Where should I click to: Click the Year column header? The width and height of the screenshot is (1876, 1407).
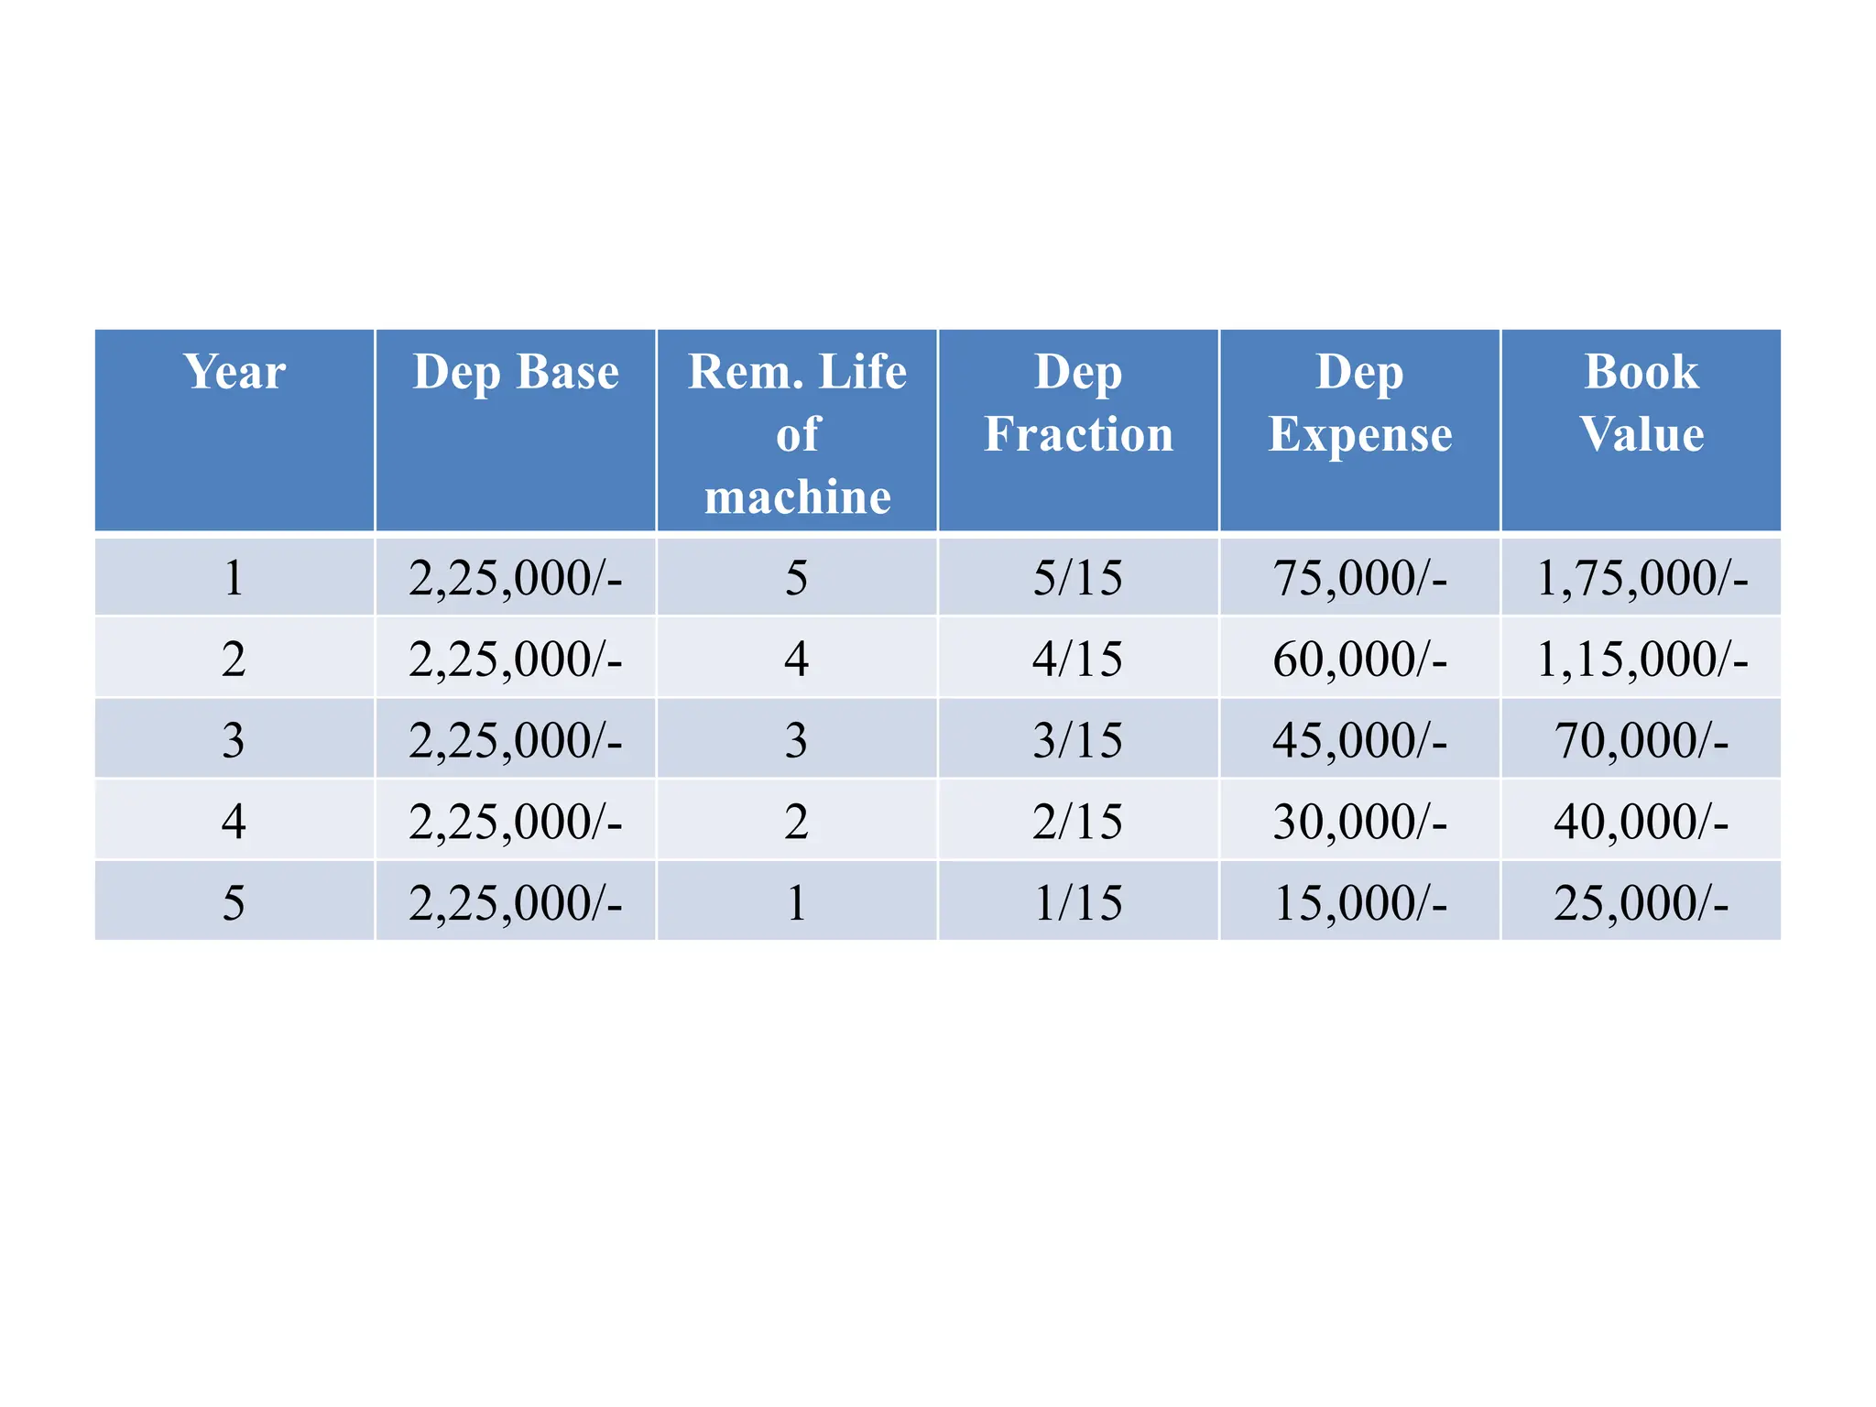[234, 372]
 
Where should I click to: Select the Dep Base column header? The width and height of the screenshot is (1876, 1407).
[516, 372]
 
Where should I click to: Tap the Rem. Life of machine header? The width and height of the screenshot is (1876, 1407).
[797, 433]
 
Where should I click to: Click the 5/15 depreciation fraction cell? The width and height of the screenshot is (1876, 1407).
[1078, 578]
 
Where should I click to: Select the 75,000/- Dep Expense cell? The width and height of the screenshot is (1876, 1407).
[1359, 578]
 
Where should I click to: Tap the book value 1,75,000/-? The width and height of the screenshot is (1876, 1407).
[1641, 578]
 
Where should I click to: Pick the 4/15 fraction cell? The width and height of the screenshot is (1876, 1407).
[1078, 659]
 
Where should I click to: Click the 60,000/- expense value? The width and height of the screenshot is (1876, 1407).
[1359, 659]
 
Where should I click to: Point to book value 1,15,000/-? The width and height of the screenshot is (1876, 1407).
[1641, 659]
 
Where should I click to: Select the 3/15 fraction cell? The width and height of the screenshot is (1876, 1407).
[1078, 739]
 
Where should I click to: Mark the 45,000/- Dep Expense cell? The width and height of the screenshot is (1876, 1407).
[1359, 739]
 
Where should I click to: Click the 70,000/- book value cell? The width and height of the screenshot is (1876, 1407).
[1641, 739]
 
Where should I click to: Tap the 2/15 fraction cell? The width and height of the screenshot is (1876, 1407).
[1078, 821]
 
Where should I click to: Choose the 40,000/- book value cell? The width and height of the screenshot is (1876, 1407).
[1641, 821]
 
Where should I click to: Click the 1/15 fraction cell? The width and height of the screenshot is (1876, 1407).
[1078, 902]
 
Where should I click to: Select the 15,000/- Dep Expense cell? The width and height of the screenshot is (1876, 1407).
[1359, 902]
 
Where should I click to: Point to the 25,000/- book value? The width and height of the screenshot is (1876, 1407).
[1641, 902]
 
